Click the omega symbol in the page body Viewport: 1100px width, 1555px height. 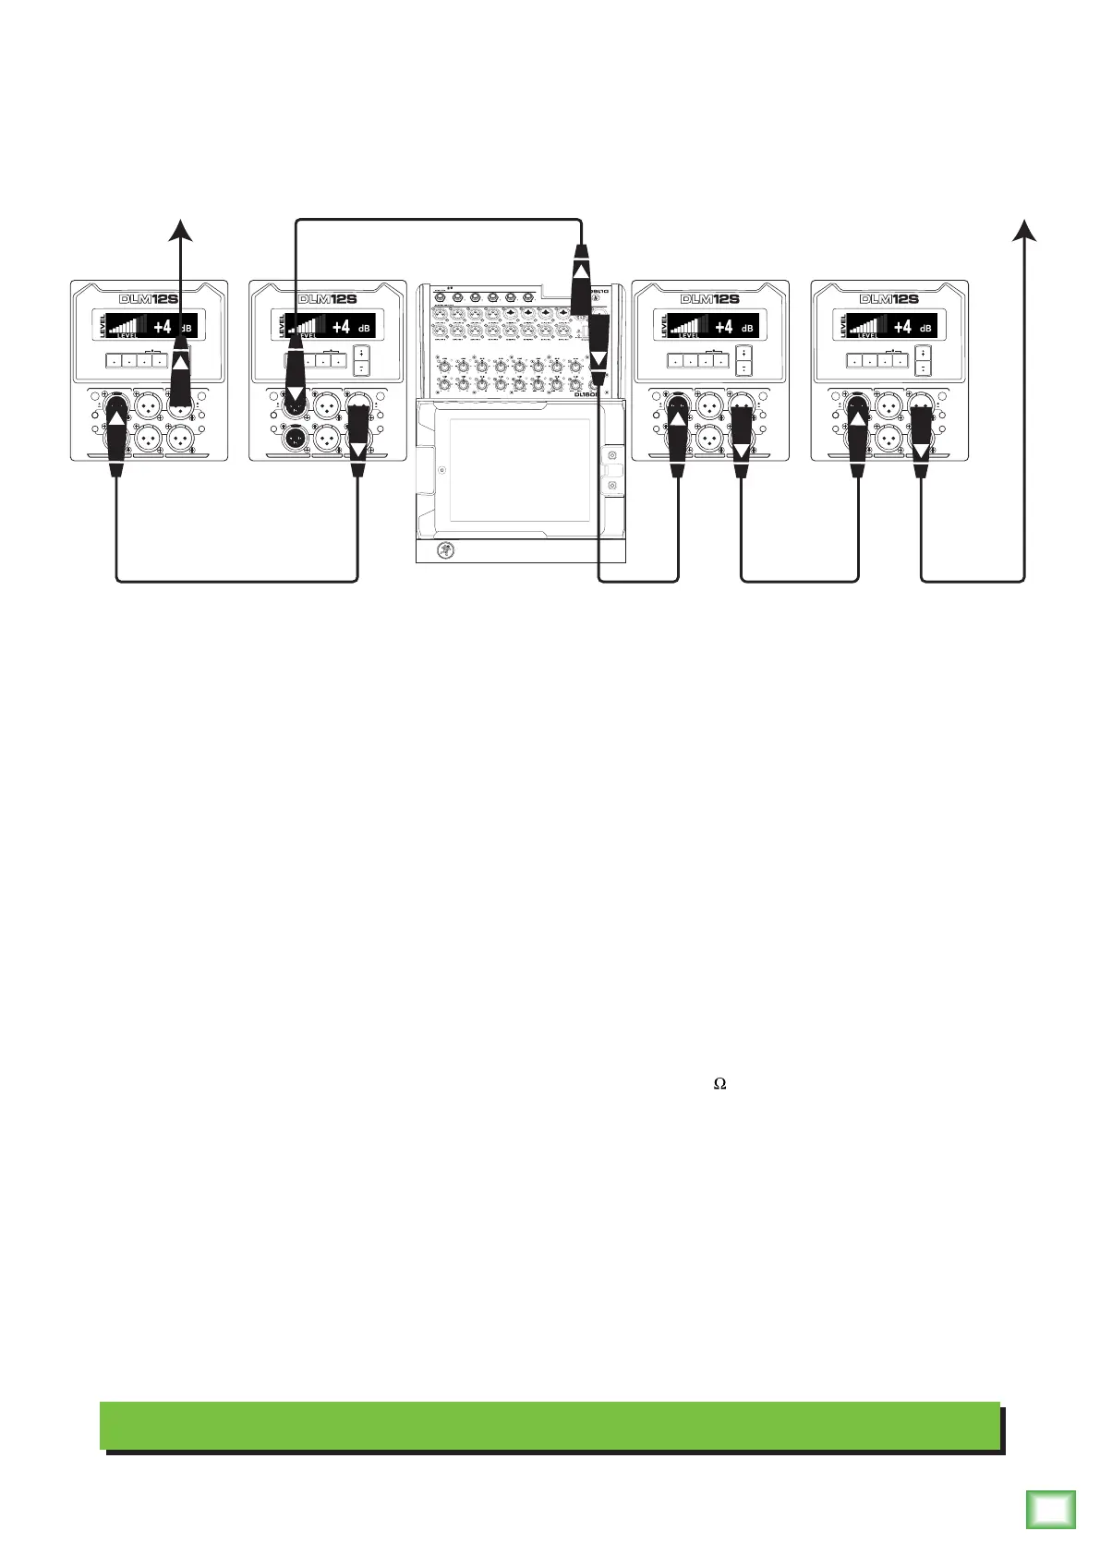pos(720,1084)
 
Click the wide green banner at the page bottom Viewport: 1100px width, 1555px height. pos(550,1426)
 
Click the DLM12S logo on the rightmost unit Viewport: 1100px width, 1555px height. pos(888,299)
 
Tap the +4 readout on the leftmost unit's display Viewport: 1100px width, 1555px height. pos(163,327)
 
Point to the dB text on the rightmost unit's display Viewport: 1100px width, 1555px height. pos(925,329)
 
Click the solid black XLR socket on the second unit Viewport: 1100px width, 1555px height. pos(296,439)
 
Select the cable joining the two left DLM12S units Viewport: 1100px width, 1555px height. pos(236,581)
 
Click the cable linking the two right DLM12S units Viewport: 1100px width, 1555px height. pos(801,581)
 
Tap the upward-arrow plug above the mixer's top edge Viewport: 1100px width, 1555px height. pos(580,268)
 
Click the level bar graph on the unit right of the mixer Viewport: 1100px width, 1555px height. pos(688,325)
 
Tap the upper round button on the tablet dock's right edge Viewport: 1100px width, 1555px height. pos(612,455)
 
